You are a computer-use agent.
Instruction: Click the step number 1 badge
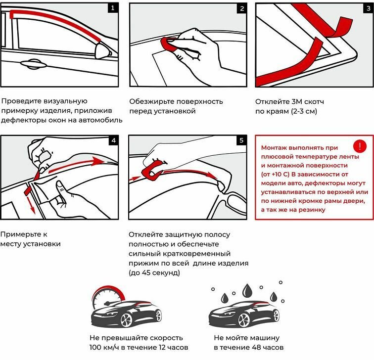pyautogui.click(x=114, y=8)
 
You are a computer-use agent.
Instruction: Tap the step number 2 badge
pyautogui.click(x=241, y=8)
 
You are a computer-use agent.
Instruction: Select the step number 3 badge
pyautogui.click(x=367, y=8)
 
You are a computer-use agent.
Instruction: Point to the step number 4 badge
pyautogui.click(x=114, y=140)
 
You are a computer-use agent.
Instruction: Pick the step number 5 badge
pyautogui.click(x=241, y=140)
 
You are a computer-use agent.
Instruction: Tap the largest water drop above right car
pyautogui.click(x=246, y=289)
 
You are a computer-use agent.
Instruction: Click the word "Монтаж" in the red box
pyautogui.click(x=277, y=147)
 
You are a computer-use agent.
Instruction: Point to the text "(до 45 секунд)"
pyautogui.click(x=154, y=272)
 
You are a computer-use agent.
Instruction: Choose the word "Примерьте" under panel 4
pyautogui.click(x=20, y=234)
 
